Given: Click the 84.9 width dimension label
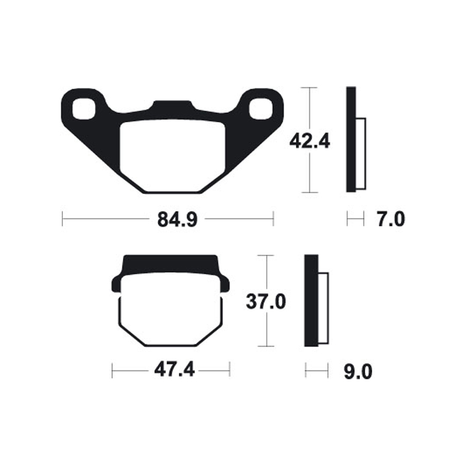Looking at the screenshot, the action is pos(177,220).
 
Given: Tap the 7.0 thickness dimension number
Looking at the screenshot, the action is pos(391,220).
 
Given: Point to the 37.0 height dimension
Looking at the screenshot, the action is pos(266,302).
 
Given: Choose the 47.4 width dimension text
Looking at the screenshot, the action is pos(174,370).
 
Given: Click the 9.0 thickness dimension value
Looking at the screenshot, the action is pos(358,372).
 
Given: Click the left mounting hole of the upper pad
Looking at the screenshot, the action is pos(84,109).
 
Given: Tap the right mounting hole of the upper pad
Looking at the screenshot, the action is pos(260,109).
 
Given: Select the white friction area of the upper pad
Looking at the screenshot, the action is pos(172,156).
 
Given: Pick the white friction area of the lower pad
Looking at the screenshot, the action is pos(171,309).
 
